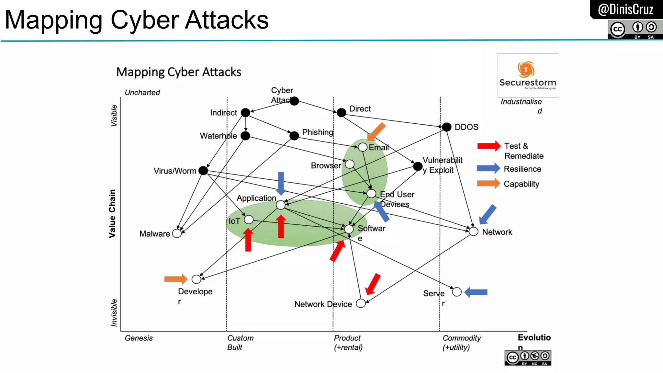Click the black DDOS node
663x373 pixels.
point(446,127)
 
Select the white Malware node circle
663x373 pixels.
point(177,233)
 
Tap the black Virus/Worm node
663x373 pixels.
point(203,170)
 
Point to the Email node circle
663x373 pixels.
point(363,147)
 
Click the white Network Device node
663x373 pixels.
point(361,303)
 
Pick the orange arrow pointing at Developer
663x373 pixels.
point(175,279)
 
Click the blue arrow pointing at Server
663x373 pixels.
point(476,292)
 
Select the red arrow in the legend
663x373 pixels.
point(489,146)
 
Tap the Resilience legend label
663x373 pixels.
point(522,169)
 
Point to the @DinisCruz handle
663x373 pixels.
point(625,9)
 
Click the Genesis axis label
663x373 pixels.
point(139,338)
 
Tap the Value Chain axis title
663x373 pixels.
point(112,214)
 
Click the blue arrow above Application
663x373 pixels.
point(281,183)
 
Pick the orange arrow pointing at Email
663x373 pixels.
point(377,131)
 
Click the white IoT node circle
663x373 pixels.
point(249,220)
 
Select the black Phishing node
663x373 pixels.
point(294,136)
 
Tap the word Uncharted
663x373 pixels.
point(142,93)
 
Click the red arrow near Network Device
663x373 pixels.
point(373,284)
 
